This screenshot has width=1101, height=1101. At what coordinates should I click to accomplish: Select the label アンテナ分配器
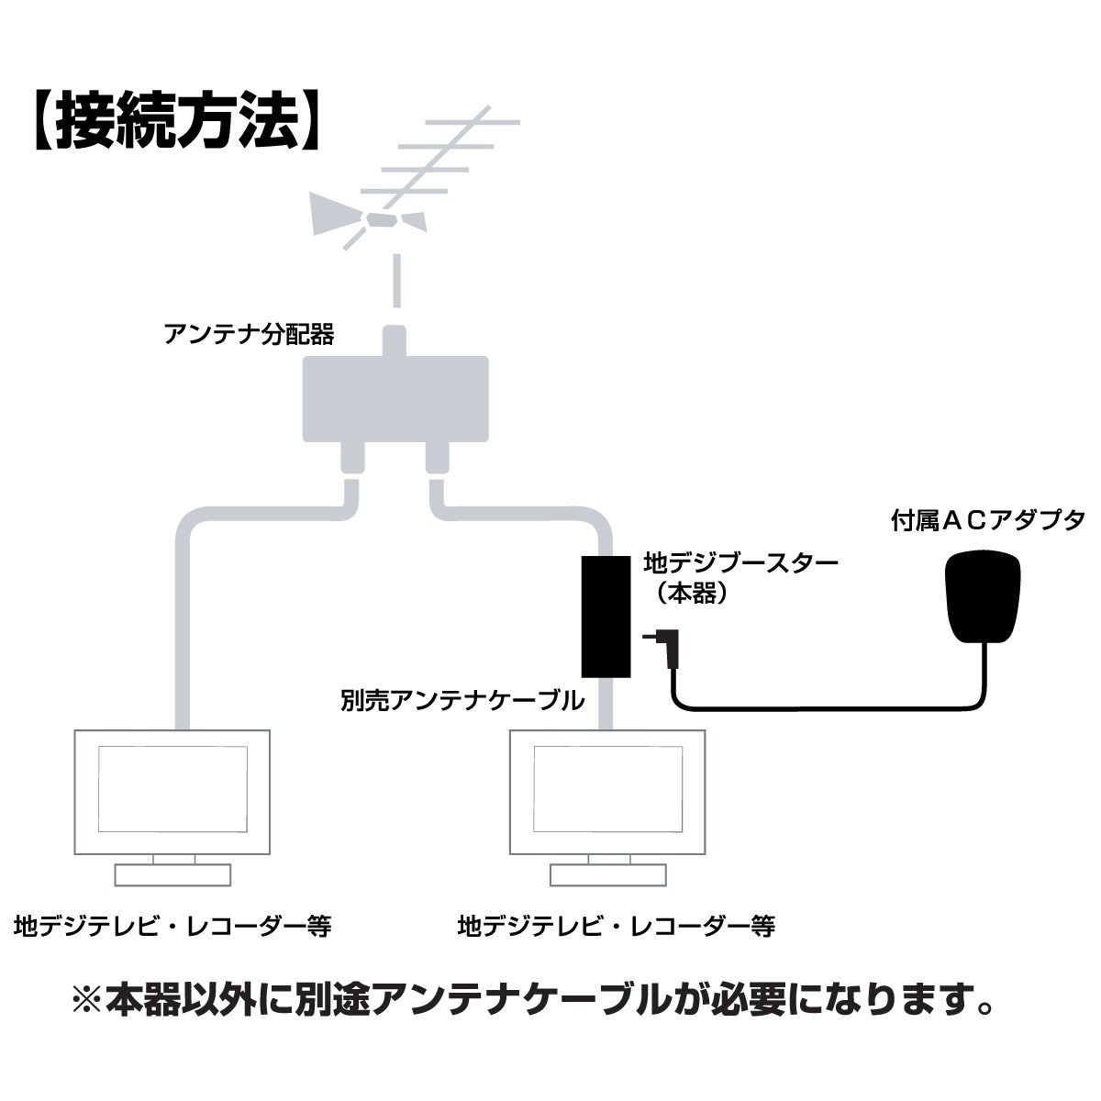(x=249, y=333)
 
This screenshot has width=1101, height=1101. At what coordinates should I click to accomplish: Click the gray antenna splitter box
(x=396, y=398)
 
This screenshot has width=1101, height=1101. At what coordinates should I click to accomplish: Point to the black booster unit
(x=605, y=616)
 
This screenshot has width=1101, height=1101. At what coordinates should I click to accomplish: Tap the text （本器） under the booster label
(x=692, y=594)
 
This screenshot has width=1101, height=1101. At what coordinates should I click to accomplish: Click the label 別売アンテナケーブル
(x=462, y=702)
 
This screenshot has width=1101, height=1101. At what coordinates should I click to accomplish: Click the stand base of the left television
(x=172, y=874)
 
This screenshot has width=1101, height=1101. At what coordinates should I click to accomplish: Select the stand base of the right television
(x=607, y=874)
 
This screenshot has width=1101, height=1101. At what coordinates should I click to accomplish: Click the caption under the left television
(x=172, y=925)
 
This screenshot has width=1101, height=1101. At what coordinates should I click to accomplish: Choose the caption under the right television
(x=617, y=925)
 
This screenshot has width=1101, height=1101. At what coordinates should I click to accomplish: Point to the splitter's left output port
(x=352, y=456)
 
